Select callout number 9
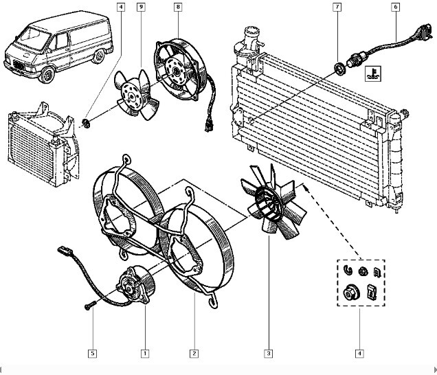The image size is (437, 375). point(141,8)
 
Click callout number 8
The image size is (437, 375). point(178,8)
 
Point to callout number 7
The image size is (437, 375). point(337,8)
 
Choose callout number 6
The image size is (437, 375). point(395,8)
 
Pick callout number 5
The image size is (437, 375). point(91,354)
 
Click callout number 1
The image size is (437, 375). point(144,354)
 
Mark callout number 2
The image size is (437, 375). point(194,354)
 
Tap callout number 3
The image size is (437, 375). point(269,354)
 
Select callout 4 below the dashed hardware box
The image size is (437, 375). point(359,354)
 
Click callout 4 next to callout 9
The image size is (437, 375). point(121,8)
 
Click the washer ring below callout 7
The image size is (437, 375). point(339,68)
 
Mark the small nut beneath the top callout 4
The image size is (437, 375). point(87,123)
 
